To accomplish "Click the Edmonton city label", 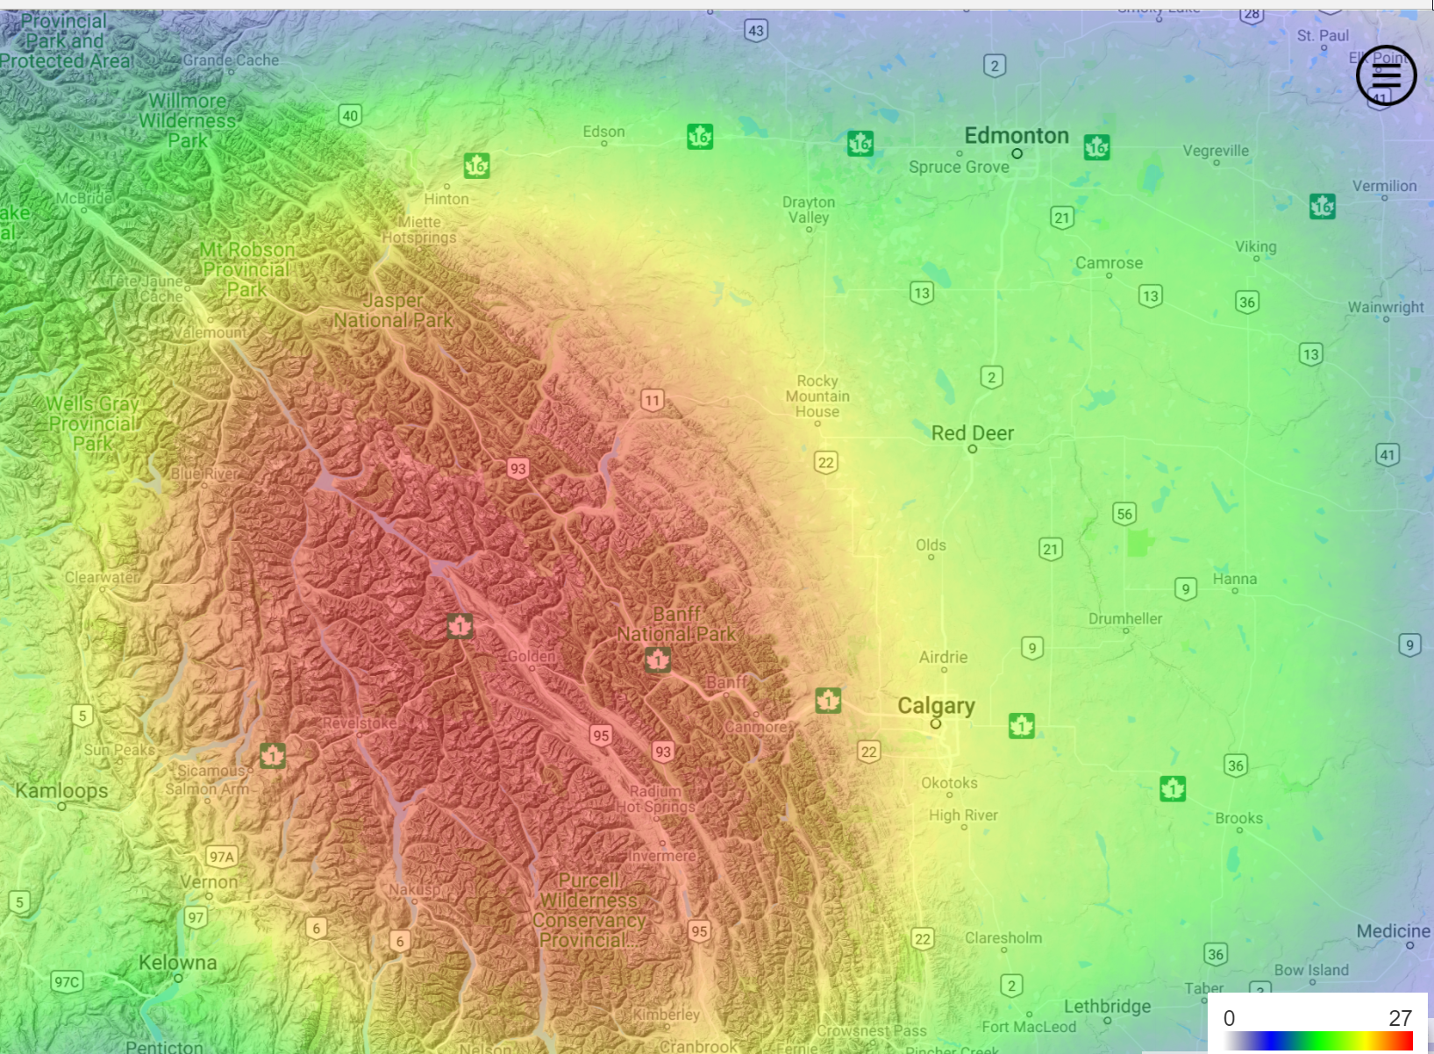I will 1016,136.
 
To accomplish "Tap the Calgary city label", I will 936,706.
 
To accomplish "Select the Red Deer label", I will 972,433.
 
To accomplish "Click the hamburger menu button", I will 1386,75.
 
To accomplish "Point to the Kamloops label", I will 61,791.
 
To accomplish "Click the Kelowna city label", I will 177,963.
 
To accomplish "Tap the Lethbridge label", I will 1107,1007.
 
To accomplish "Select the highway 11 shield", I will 652,401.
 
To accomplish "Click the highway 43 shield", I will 756,31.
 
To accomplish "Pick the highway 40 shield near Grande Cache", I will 350,116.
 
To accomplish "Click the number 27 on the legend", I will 1400,1018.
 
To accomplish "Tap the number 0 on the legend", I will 1229,1018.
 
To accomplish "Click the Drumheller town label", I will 1124,619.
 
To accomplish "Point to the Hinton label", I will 446,199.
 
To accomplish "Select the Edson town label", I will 603,132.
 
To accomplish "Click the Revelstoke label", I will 359,723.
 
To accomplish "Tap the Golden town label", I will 532,657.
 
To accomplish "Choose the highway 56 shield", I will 1124,514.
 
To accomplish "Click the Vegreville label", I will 1215,151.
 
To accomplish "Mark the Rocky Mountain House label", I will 817,396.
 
